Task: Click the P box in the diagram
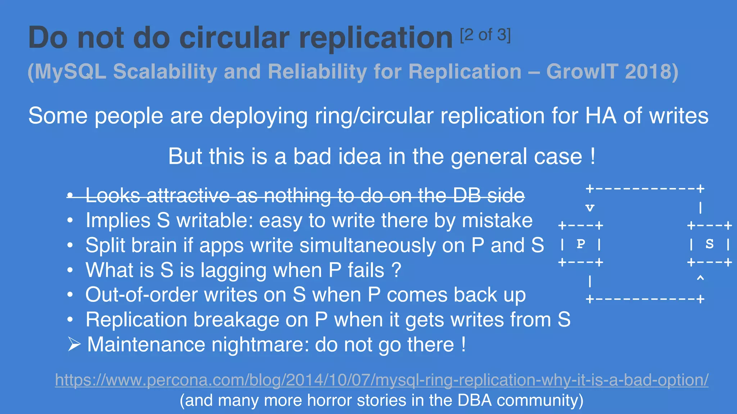580,244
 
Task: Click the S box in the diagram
709,244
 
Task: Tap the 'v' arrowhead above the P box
590,208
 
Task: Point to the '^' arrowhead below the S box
700,279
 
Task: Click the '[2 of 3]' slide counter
485,35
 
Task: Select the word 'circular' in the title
234,38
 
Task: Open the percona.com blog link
381,380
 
